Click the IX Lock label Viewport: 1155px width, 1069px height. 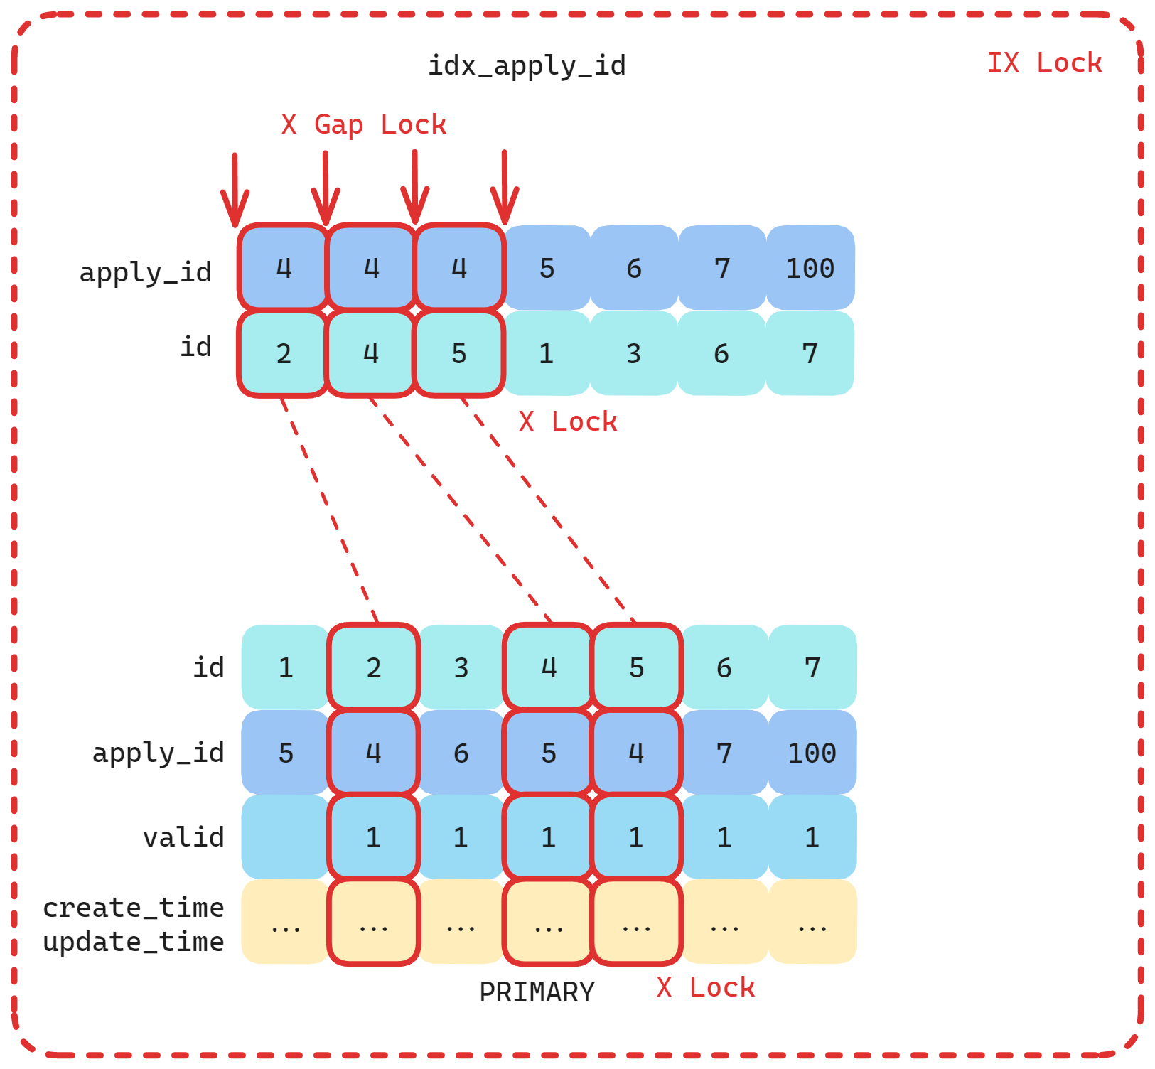click(x=1044, y=63)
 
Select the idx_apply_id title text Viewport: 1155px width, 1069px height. click(x=526, y=65)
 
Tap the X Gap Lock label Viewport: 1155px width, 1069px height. click(x=363, y=124)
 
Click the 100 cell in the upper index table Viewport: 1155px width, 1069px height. click(x=810, y=268)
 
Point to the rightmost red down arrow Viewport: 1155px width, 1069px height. click(x=505, y=188)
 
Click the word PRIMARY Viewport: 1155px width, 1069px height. click(x=537, y=992)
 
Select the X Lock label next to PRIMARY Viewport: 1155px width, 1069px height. click(x=705, y=987)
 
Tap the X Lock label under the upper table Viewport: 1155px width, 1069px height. click(x=567, y=421)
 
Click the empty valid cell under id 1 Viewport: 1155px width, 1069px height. click(x=285, y=837)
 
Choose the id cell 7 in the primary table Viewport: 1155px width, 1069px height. click(x=812, y=667)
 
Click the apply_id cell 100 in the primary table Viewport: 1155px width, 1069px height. click(x=812, y=753)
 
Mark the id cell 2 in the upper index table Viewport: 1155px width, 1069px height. click(x=284, y=353)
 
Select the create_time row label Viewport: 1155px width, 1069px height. click(x=134, y=908)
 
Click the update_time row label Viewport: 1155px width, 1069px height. click(x=134, y=942)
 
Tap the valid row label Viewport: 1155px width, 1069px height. click(x=183, y=837)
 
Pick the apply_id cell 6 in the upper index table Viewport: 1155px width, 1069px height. click(x=634, y=268)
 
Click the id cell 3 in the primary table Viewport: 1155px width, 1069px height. click(x=461, y=667)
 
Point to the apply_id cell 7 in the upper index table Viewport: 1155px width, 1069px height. click(x=722, y=268)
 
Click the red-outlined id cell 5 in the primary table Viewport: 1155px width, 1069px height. click(x=636, y=667)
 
